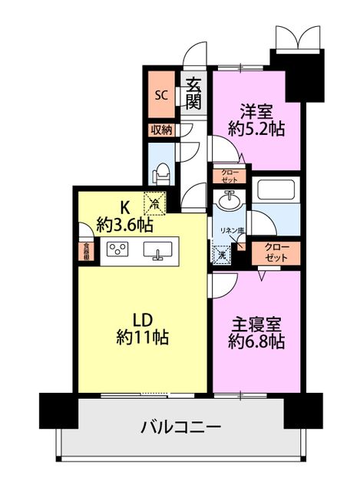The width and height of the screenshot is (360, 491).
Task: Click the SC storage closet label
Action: tap(162, 96)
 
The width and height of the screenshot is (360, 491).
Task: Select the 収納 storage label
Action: tap(162, 130)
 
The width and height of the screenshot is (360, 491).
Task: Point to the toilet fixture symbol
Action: tap(162, 174)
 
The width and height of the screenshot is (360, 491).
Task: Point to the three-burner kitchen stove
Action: tap(117, 250)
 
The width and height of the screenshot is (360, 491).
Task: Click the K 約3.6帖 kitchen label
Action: tap(124, 216)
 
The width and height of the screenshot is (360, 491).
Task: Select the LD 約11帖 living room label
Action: tap(144, 328)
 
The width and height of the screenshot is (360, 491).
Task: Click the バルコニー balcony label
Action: tap(181, 427)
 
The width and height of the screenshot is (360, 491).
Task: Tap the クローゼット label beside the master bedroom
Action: tap(276, 252)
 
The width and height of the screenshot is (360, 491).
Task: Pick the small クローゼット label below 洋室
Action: tap(230, 174)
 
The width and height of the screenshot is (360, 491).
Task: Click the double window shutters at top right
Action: tap(296, 37)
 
